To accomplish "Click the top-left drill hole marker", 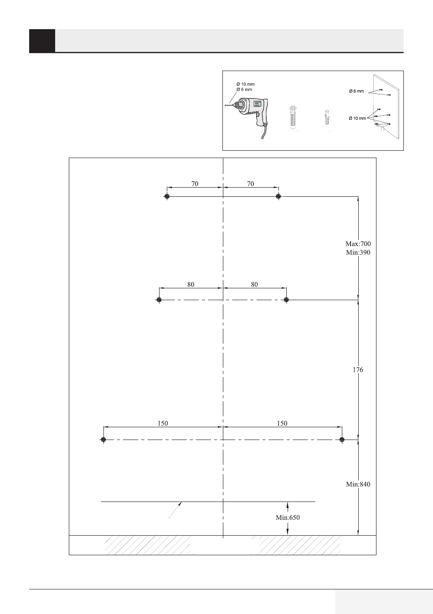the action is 167,196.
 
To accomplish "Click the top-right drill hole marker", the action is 278,196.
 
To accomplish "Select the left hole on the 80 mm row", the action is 159,300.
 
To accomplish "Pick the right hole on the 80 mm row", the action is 286,300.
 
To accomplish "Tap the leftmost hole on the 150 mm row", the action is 103,440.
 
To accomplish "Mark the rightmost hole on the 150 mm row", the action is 342,440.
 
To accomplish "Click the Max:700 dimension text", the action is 358,244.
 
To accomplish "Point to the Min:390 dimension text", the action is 358,252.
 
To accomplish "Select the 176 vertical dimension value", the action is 358,370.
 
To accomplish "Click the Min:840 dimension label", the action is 358,484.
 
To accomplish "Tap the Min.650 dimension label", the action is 288,517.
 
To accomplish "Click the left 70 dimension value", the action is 195,184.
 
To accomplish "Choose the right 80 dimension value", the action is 254,284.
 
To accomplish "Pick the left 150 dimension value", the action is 163,423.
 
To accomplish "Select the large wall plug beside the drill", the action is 293,118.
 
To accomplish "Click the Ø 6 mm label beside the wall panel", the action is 356,92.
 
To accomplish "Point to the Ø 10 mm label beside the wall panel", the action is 357,118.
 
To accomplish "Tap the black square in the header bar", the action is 42,41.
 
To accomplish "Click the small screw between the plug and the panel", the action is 327,118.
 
